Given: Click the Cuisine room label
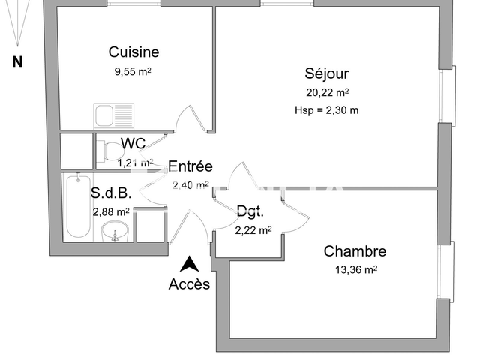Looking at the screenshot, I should click(x=133, y=52).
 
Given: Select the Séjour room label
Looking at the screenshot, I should click(x=327, y=73).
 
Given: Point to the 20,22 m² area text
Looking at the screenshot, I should click(x=327, y=93).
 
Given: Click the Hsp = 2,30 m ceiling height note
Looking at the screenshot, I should click(x=327, y=110).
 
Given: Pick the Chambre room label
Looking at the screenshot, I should click(x=355, y=251).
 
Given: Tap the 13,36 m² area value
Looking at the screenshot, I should click(x=355, y=270).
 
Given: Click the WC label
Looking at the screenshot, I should click(x=133, y=144).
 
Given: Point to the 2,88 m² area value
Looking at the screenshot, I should click(x=111, y=211).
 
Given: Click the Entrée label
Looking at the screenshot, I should click(x=190, y=166).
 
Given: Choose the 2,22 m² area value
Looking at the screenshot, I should click(x=253, y=230).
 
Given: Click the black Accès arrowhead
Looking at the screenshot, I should click(x=190, y=263).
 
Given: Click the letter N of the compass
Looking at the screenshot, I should click(x=17, y=63).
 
